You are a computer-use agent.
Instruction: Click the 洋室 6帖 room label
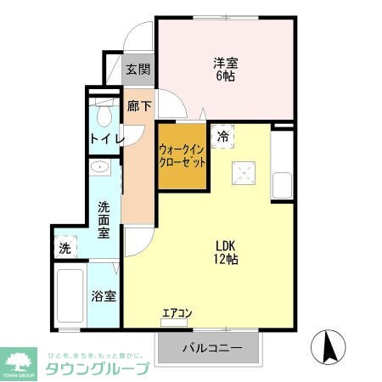(224, 69)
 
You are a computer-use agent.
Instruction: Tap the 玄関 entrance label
(138, 70)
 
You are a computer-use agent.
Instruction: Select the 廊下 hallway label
(138, 107)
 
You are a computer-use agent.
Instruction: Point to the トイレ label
(107, 138)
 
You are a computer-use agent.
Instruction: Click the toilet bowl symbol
(105, 112)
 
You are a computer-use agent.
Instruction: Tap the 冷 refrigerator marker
(223, 136)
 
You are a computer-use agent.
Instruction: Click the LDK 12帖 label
(225, 252)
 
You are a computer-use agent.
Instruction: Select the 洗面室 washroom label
(104, 219)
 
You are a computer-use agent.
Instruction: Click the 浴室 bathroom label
(104, 297)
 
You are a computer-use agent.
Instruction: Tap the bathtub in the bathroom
(70, 297)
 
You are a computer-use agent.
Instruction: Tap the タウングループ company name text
(98, 368)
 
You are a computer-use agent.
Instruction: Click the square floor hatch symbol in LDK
(244, 173)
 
